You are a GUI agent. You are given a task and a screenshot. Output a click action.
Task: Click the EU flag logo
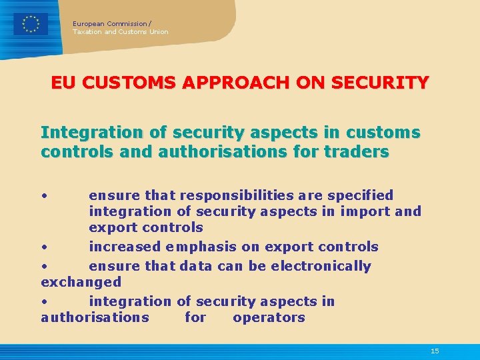31,24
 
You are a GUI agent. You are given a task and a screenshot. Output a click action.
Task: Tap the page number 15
435,351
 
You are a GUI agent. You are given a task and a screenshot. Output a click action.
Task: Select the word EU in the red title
64,83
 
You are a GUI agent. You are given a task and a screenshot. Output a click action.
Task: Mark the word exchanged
81,282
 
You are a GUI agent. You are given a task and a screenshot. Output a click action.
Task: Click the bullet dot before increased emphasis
43,247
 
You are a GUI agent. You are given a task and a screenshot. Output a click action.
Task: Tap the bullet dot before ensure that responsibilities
43,195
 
